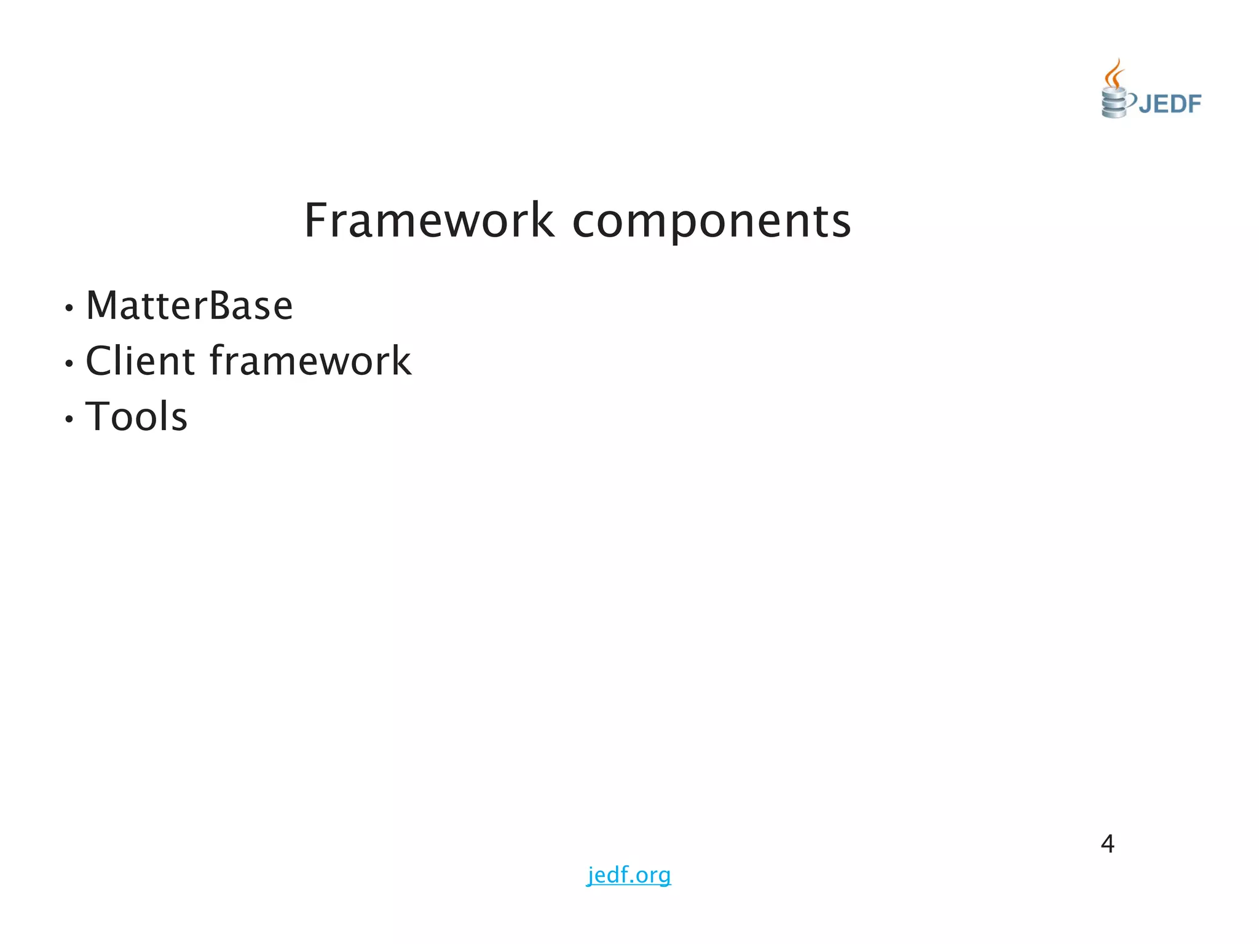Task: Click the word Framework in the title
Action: [428, 221]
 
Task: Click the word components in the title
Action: [711, 222]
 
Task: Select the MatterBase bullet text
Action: [189, 305]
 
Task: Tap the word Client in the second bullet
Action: [140, 361]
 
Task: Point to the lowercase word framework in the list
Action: [310, 361]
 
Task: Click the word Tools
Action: [136, 417]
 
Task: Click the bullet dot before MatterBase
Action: [69, 308]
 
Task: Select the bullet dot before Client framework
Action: [69, 363]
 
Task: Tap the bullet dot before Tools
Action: [69, 419]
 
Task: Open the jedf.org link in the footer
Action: [629, 875]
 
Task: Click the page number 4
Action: [1107, 844]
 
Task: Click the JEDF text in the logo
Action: [1169, 104]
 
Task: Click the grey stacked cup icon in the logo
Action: [1113, 103]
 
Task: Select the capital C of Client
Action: [101, 361]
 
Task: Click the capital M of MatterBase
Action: [105, 305]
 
